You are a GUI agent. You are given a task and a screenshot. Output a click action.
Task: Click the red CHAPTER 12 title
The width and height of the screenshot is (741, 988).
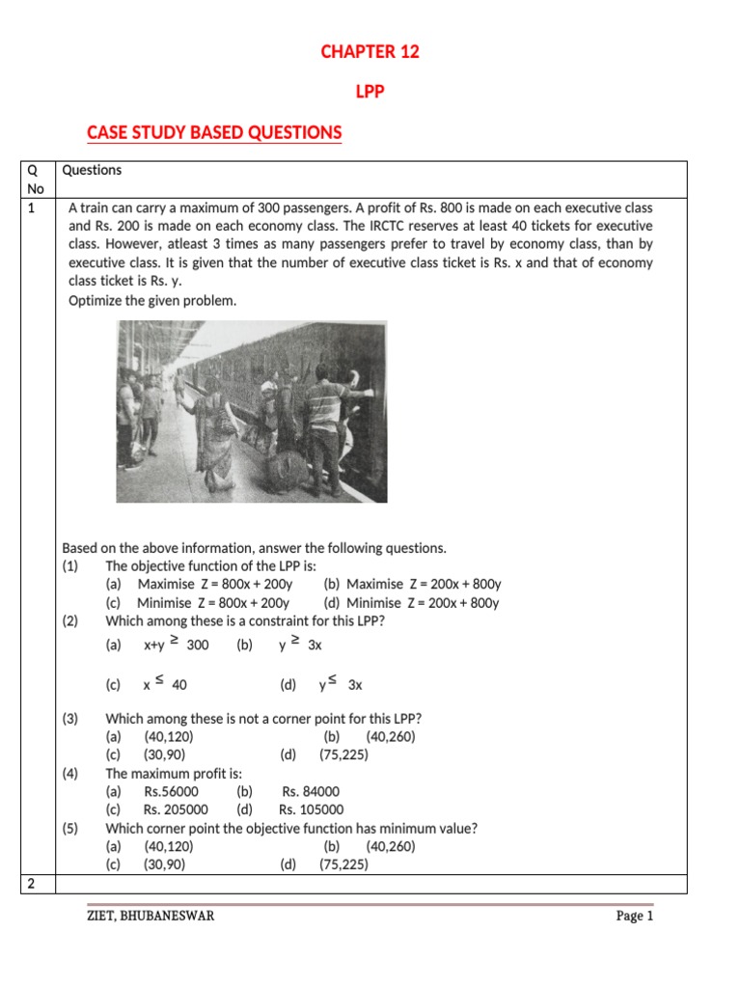(370, 52)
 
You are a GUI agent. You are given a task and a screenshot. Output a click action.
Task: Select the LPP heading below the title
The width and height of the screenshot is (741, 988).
(370, 94)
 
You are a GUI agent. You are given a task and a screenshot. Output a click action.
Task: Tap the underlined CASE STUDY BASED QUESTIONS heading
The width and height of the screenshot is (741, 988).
(214, 132)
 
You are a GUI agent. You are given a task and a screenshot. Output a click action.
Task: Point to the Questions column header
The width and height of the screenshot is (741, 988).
(92, 170)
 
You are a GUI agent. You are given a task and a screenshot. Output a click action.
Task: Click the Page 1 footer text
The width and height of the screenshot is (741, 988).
(635, 916)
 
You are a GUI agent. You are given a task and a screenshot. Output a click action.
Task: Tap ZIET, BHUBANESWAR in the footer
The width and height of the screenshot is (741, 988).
(151, 916)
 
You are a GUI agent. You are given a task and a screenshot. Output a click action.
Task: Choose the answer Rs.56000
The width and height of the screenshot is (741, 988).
(171, 791)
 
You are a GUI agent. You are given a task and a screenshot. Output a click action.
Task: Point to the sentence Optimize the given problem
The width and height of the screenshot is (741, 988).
(151, 300)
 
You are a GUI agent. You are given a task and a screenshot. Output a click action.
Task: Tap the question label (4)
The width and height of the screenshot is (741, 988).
(70, 773)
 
